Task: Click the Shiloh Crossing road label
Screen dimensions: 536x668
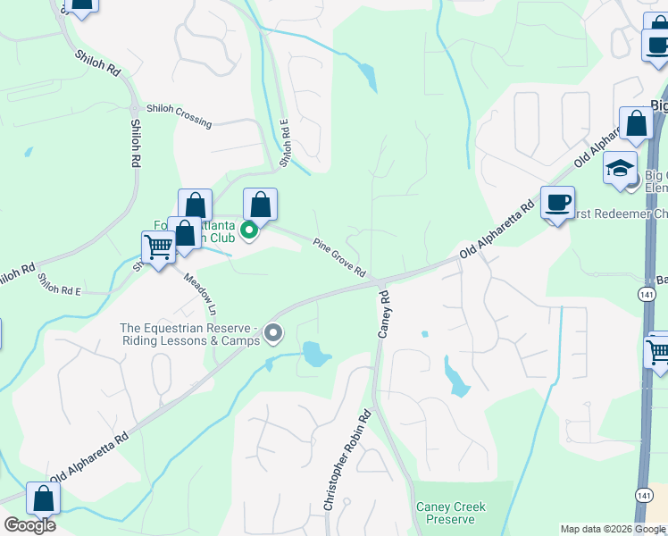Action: pyautogui.click(x=180, y=114)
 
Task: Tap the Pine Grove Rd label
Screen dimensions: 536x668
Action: pyautogui.click(x=339, y=257)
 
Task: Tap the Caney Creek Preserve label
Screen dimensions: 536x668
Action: pyautogui.click(x=451, y=513)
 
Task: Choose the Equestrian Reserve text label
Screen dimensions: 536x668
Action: pyautogui.click(x=190, y=334)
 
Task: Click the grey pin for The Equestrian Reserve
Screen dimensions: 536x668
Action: pyautogui.click(x=274, y=333)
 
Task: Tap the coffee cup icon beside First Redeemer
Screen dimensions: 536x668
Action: pyautogui.click(x=557, y=203)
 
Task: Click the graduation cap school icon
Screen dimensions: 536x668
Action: pyautogui.click(x=620, y=168)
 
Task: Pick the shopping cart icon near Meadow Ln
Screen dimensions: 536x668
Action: pyautogui.click(x=159, y=247)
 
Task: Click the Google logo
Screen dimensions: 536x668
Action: pyautogui.click(x=29, y=525)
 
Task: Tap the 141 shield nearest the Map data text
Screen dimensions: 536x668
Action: pyautogui.click(x=646, y=495)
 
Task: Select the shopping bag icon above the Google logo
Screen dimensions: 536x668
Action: pyautogui.click(x=43, y=498)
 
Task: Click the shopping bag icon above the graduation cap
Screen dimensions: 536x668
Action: pyautogui.click(x=637, y=125)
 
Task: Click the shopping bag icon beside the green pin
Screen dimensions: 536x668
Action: pyautogui.click(x=260, y=205)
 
